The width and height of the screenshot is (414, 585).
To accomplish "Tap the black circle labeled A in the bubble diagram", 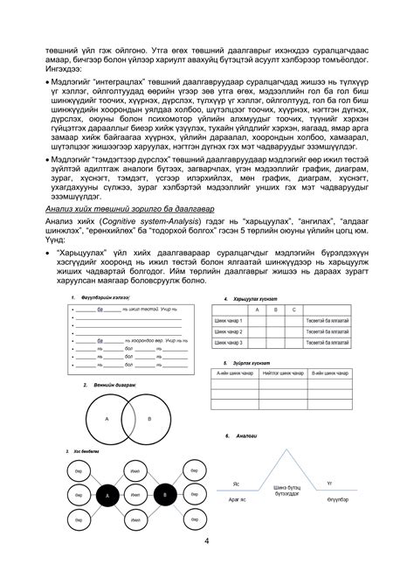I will point(108,496).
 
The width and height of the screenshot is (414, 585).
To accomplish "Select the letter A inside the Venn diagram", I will point(107,419).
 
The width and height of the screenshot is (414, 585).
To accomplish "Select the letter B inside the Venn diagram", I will point(149,419).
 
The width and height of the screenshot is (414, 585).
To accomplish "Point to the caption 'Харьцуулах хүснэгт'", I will point(252,299).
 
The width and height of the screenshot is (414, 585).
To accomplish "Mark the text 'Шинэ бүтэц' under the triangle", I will point(286,487).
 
